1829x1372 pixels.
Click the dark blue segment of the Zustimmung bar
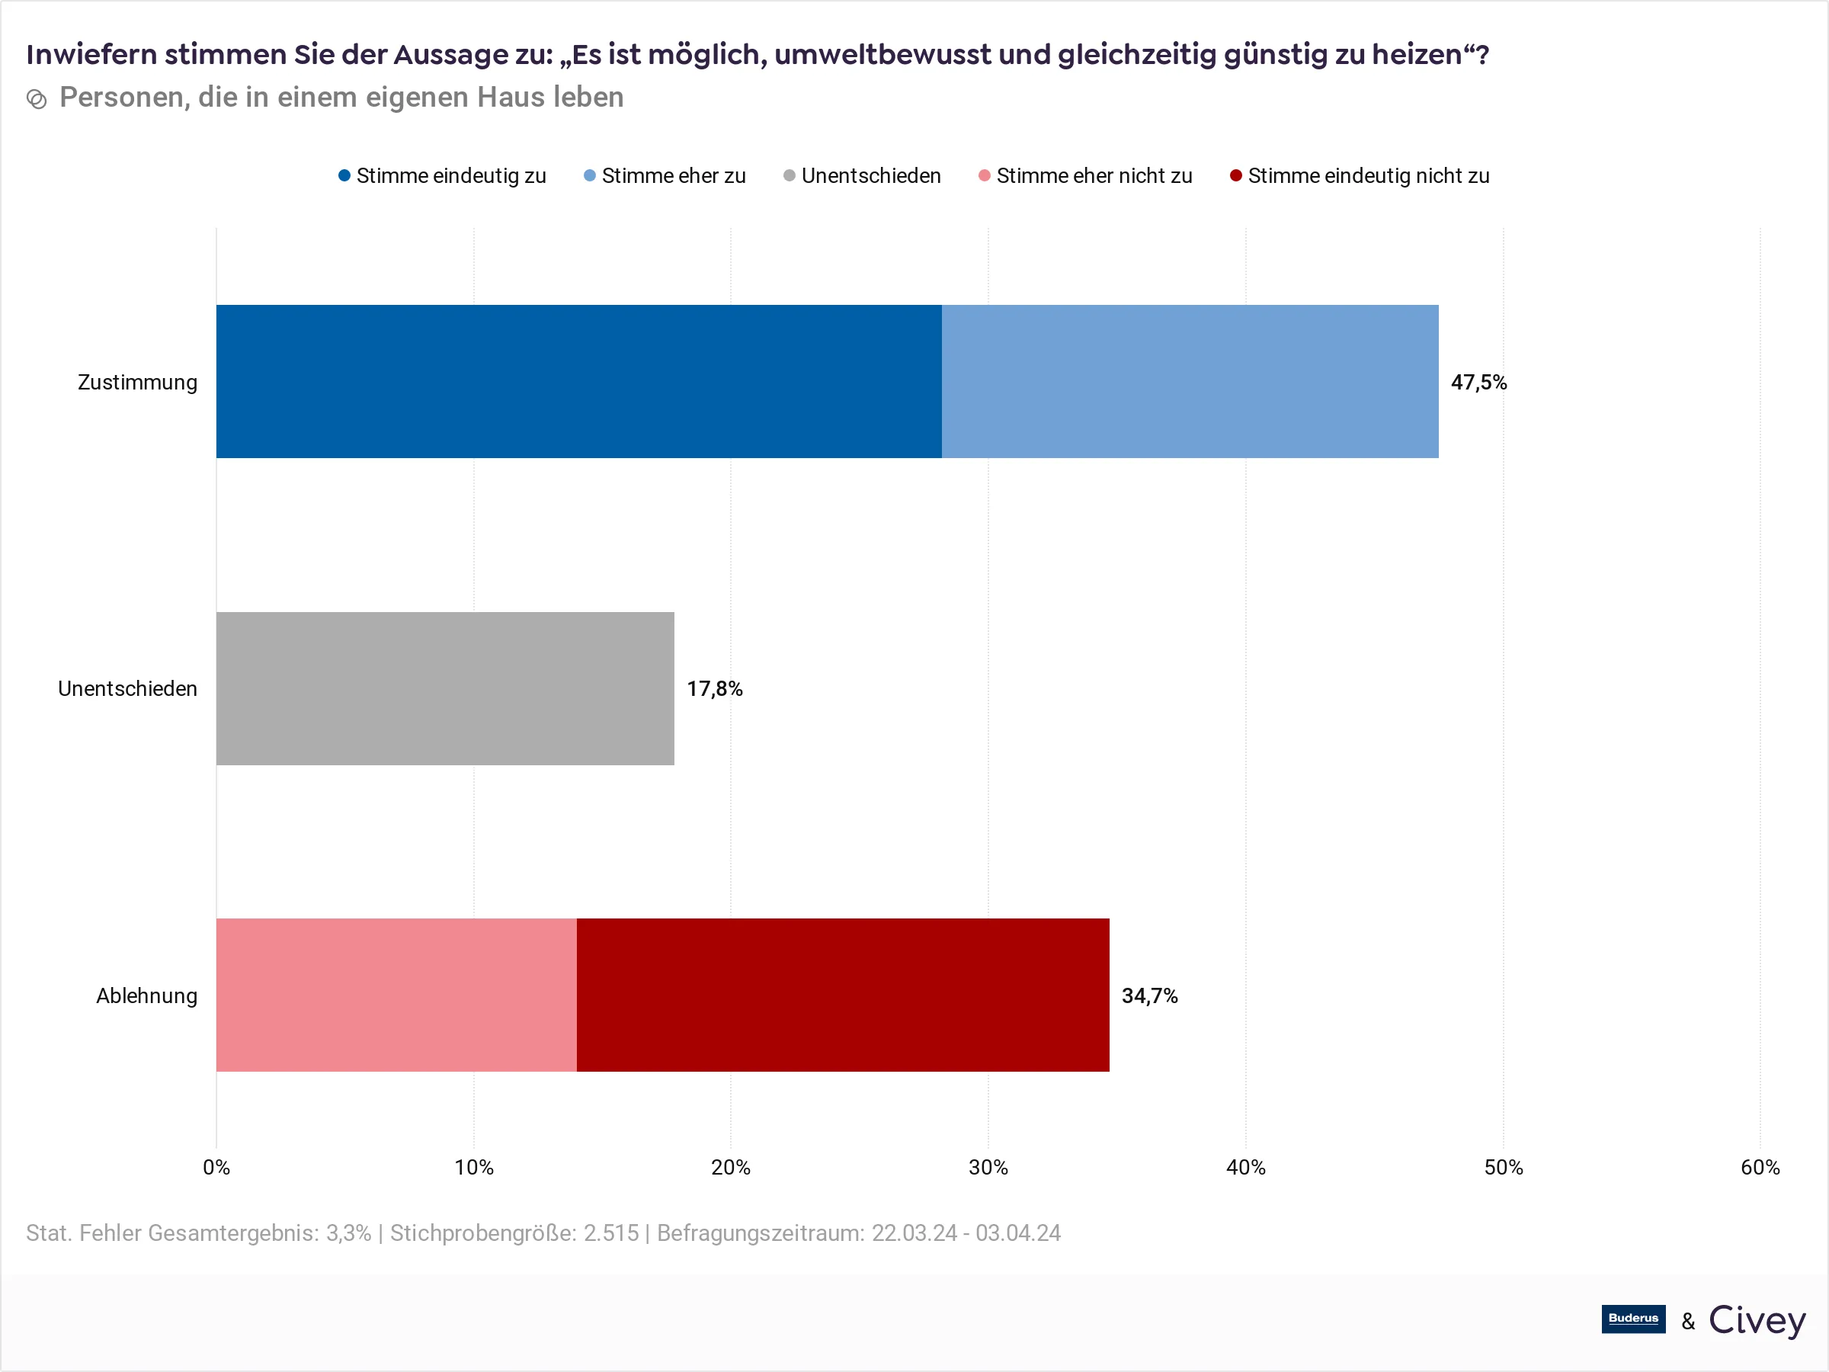[x=578, y=381]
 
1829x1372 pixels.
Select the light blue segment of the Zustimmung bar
[x=1190, y=381]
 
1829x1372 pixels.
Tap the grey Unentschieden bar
[x=445, y=688]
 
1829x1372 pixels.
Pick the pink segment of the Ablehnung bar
[x=396, y=995]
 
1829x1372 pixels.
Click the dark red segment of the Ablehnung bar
[x=843, y=995]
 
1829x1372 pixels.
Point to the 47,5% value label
[x=1478, y=382]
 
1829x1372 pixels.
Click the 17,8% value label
[x=714, y=689]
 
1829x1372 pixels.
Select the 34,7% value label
[x=1149, y=995]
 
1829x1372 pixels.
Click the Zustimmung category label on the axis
[x=137, y=382]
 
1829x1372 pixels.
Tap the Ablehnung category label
[x=146, y=995]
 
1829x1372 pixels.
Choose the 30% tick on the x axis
[x=988, y=1167]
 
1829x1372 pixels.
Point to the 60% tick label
[x=1760, y=1167]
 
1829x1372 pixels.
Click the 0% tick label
[x=216, y=1167]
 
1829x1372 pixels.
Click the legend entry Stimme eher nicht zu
[x=1085, y=176]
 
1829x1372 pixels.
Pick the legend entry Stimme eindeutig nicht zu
[x=1360, y=176]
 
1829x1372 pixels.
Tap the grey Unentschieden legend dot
[x=790, y=175]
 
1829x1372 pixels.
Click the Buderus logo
[x=1633, y=1318]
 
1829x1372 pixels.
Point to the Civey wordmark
[x=1757, y=1320]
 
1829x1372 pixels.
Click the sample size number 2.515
[x=611, y=1233]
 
